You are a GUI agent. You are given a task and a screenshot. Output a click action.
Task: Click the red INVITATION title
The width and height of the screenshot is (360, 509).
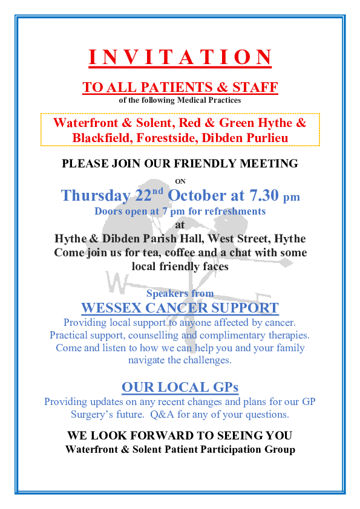pos(180,57)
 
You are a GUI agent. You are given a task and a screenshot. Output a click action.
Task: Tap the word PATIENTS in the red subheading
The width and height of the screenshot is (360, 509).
pos(177,87)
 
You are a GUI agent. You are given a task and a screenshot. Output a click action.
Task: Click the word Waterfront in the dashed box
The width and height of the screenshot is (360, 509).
pos(86,123)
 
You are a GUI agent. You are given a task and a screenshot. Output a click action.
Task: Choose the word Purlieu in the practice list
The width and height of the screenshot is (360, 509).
pos(266,138)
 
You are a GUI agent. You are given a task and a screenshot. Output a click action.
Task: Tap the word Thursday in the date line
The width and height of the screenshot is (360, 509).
pos(96,195)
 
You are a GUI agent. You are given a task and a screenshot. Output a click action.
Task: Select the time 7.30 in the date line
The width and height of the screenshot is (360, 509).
pos(264,195)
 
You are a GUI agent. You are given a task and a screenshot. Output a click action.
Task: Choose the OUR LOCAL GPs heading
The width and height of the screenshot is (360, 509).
pos(180,387)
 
